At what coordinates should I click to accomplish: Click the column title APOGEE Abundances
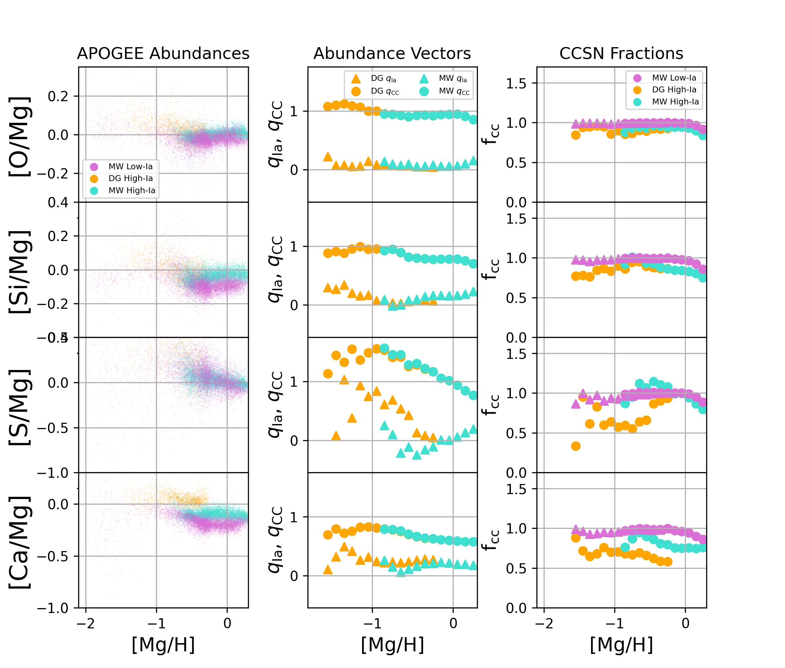click(x=163, y=53)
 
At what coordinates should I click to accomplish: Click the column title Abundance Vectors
click(x=392, y=53)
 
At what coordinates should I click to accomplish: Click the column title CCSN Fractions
click(x=621, y=53)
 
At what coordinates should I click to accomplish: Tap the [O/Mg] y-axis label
click(x=20, y=136)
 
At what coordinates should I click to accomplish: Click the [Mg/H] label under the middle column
click(x=392, y=644)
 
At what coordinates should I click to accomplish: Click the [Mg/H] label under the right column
click(x=621, y=644)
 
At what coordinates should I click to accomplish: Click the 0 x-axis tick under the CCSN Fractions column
click(x=685, y=623)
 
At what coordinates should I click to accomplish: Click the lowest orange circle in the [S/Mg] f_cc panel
click(x=576, y=446)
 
